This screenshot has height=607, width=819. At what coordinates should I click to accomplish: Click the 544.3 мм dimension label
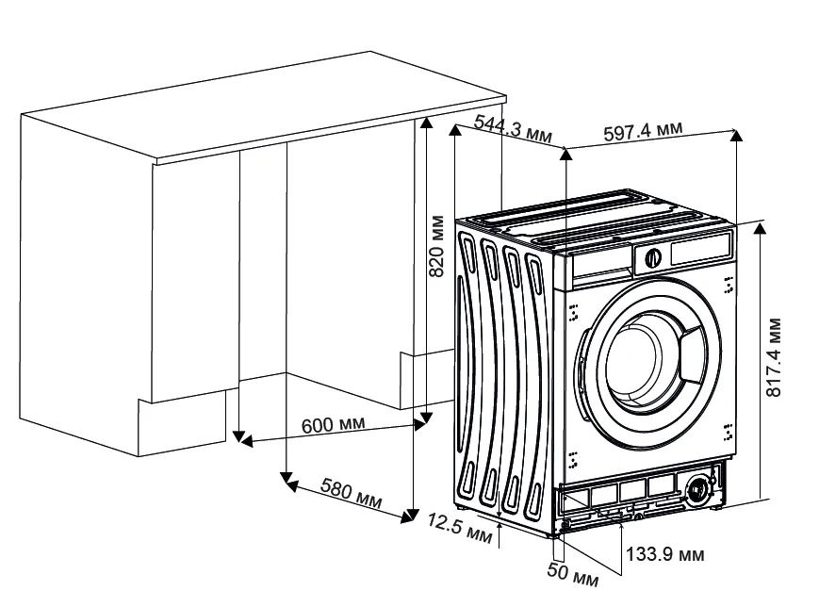pos(514,128)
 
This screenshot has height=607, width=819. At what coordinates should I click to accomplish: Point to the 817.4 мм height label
pos(773,357)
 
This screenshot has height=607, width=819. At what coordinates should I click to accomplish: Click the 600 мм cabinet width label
pos(333,425)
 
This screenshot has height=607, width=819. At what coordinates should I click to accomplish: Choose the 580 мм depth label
pos(351,494)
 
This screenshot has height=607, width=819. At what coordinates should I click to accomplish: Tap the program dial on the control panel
pos(651,255)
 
